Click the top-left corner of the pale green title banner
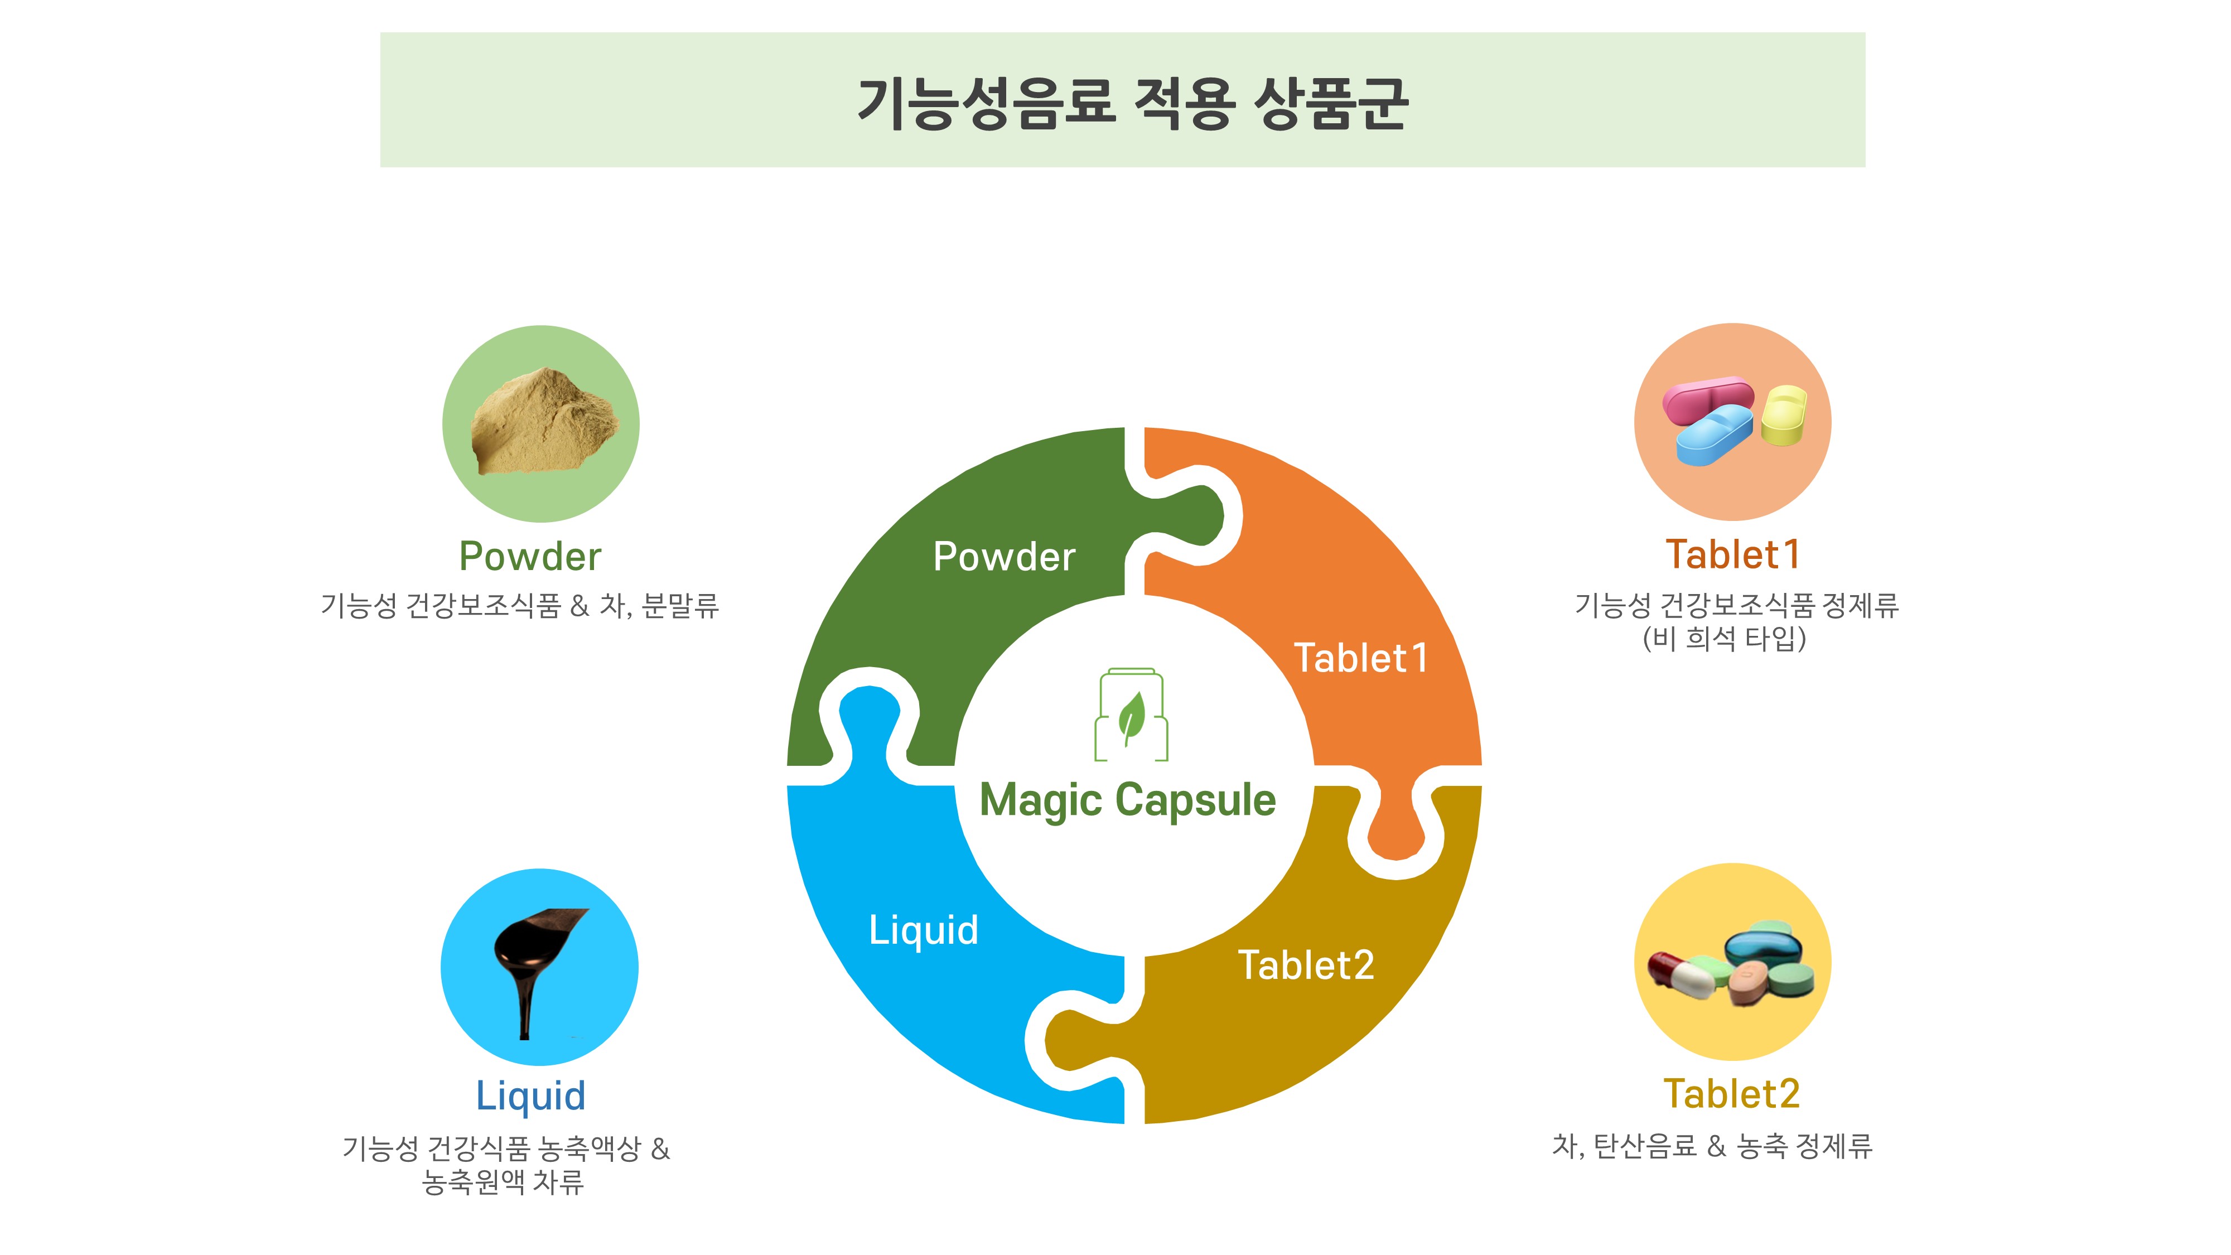(x=380, y=33)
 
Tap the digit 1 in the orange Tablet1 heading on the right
(x=1790, y=554)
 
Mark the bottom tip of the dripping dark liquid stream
(x=524, y=1037)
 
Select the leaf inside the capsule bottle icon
(x=1131, y=718)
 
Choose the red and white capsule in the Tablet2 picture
(x=1680, y=974)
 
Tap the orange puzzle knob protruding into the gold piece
(x=1395, y=832)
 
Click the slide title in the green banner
(x=1132, y=103)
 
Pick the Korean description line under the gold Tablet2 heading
(x=1712, y=1146)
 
